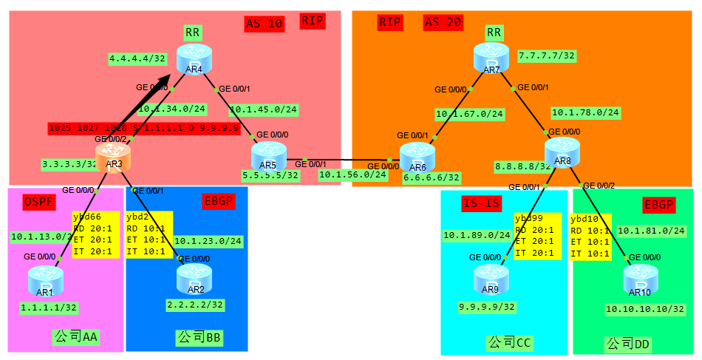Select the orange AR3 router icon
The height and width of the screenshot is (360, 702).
click(x=114, y=157)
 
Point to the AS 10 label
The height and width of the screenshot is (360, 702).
click(x=264, y=24)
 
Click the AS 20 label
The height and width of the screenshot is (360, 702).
click(x=443, y=23)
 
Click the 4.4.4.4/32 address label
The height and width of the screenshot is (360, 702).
click(x=137, y=58)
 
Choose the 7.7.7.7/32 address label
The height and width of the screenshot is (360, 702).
click(x=547, y=55)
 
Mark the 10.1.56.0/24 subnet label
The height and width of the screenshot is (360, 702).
click(x=352, y=175)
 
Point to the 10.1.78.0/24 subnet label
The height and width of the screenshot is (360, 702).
click(x=585, y=113)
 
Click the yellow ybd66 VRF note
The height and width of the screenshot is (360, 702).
click(x=95, y=234)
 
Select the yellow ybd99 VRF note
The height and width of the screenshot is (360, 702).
click(x=538, y=236)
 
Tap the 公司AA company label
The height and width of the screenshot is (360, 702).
click(x=76, y=337)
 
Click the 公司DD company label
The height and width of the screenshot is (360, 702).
click(x=628, y=344)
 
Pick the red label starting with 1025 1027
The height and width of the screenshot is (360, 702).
click(x=143, y=128)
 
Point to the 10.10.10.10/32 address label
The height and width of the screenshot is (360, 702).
click(x=645, y=309)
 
